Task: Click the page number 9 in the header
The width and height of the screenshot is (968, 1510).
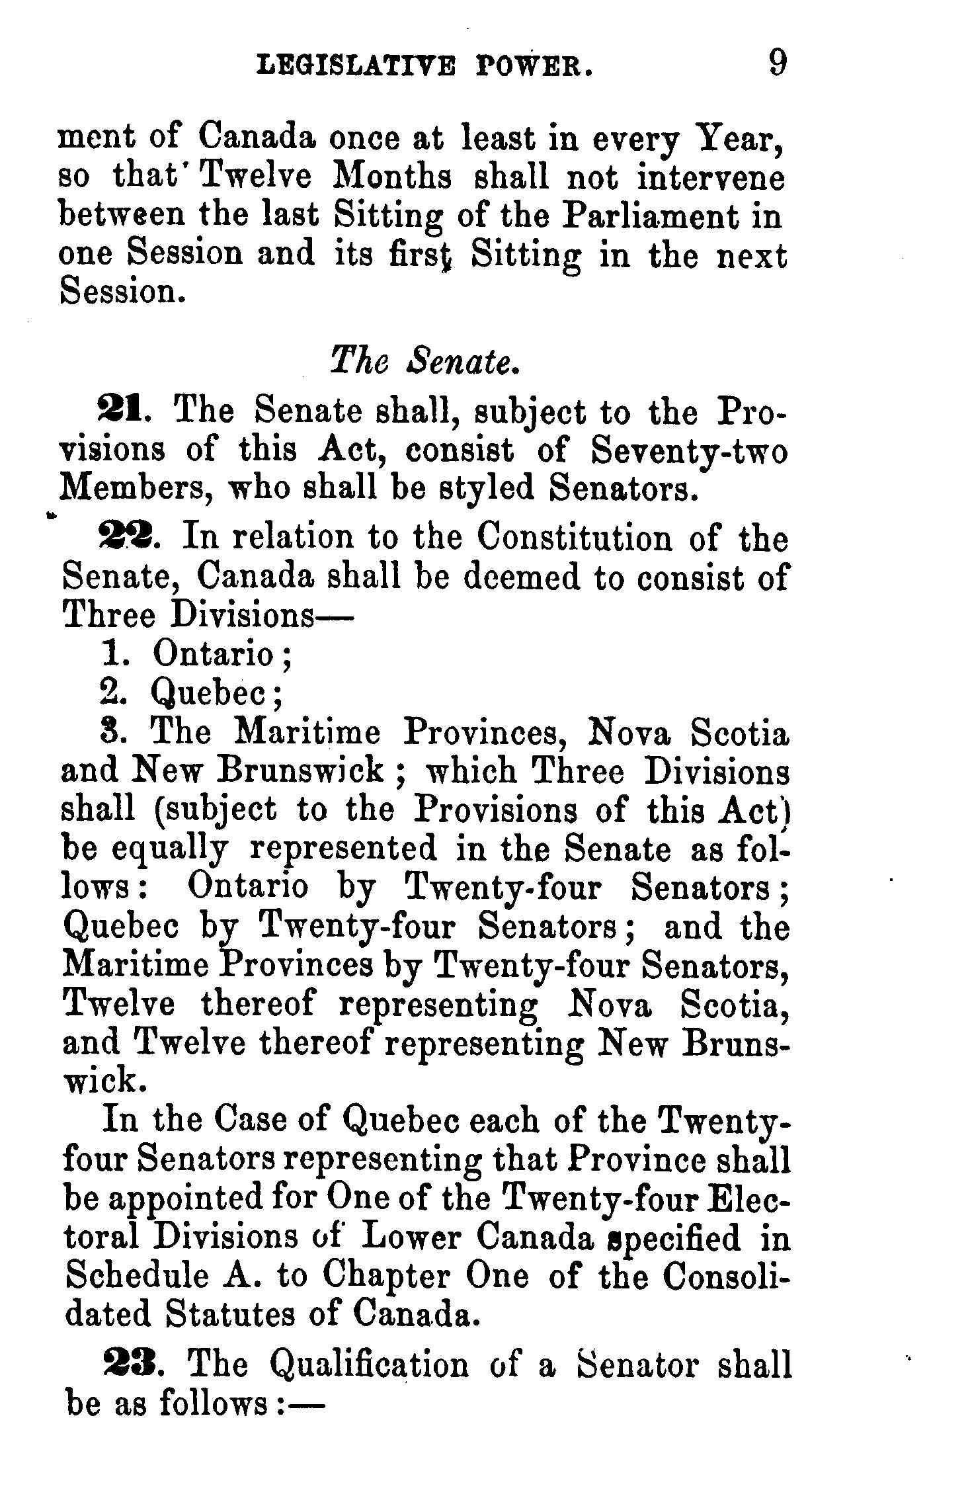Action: [x=778, y=65]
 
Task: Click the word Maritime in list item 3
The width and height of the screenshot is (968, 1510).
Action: [x=308, y=732]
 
